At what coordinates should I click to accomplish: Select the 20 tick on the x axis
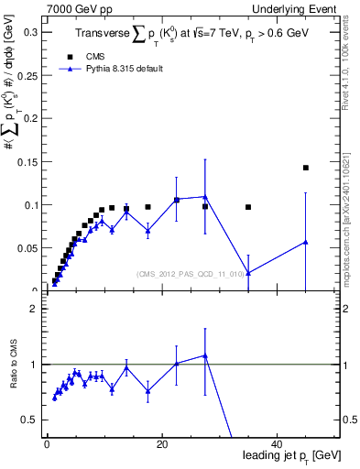162,444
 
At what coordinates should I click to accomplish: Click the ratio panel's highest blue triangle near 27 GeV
205,355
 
